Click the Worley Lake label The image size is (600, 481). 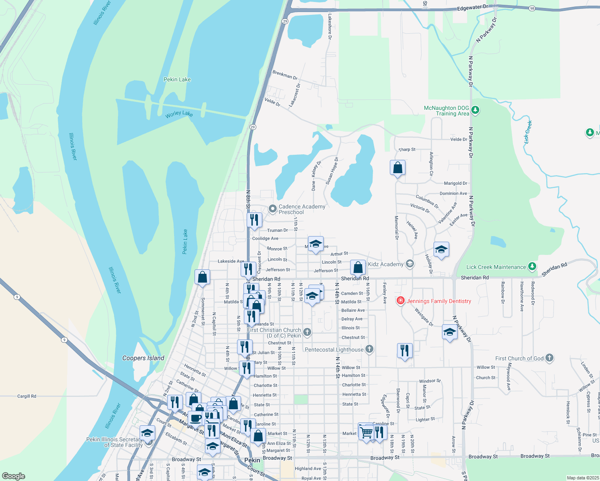[x=179, y=114]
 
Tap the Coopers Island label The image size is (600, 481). [x=143, y=358]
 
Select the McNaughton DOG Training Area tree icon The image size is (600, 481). [x=475, y=110]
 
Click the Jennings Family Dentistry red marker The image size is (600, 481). [x=400, y=301]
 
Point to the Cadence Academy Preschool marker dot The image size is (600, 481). [x=273, y=209]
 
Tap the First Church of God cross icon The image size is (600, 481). [x=549, y=358]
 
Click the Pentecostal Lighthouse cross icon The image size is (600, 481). [x=369, y=349]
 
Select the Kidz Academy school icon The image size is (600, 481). [x=409, y=264]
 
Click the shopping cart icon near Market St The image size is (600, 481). [x=366, y=432]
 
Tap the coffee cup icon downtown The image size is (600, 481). [x=195, y=418]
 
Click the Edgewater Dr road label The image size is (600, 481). [x=473, y=7]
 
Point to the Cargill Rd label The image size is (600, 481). [x=26, y=396]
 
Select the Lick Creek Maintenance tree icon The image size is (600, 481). [x=532, y=267]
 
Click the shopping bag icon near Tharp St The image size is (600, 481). [x=397, y=168]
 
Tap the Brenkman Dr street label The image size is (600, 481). [x=285, y=75]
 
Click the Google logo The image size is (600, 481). [x=14, y=476]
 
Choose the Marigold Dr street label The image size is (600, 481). [x=455, y=183]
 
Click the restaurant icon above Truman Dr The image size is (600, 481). [x=254, y=220]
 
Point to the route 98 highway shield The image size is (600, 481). [x=532, y=8]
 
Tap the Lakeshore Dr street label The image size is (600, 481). [x=330, y=26]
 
